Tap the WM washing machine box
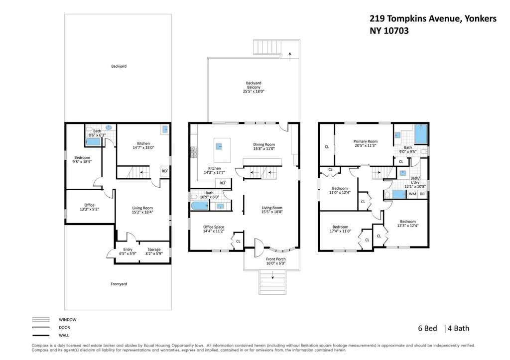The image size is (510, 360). point(412,194)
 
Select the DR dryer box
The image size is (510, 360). point(422,194)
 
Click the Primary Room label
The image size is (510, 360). point(365,141)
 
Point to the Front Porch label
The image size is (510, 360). point(276,259)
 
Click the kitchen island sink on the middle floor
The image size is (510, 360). point(219,147)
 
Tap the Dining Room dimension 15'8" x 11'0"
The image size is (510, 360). point(264,148)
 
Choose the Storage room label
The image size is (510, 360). point(154,249)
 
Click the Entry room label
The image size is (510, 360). point(128,249)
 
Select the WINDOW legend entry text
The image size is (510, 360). point(68,320)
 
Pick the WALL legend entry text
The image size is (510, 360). point(64,335)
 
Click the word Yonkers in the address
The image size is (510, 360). point(481,19)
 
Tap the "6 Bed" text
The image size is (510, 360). point(427,329)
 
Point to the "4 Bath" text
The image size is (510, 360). point(458,329)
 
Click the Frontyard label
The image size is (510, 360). point(119,284)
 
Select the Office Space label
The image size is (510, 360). point(214,227)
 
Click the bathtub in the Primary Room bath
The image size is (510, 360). point(420,134)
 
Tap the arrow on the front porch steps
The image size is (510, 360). point(272,276)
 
